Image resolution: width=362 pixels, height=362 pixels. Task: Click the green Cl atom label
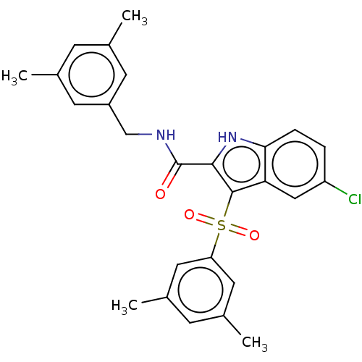point(355,200)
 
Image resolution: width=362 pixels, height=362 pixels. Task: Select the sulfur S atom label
point(221,226)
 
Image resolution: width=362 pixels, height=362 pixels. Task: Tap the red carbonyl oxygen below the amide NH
point(160,194)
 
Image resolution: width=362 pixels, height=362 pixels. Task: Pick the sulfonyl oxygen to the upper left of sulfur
point(189,214)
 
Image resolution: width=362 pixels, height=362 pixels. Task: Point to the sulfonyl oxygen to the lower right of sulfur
point(254,235)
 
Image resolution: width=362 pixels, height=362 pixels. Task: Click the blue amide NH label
point(166,135)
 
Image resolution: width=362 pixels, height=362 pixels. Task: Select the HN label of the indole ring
point(227,137)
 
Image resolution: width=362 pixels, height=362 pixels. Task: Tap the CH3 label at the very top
point(135,17)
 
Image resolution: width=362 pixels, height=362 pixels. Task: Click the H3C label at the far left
point(14,77)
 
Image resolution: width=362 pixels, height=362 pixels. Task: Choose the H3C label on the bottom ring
point(125,306)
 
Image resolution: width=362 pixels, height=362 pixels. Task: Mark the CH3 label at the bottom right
point(255,343)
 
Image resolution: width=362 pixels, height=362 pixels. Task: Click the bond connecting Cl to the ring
point(336,188)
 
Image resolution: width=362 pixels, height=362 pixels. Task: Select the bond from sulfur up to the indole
point(228,204)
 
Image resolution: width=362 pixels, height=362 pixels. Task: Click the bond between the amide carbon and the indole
point(195,164)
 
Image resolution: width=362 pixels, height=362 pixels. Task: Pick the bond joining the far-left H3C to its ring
point(44,75)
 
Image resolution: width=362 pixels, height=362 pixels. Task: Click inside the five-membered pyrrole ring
point(241,164)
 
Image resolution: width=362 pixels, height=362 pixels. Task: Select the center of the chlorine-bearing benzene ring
point(295,164)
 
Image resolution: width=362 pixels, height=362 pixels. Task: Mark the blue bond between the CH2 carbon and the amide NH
point(139,134)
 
